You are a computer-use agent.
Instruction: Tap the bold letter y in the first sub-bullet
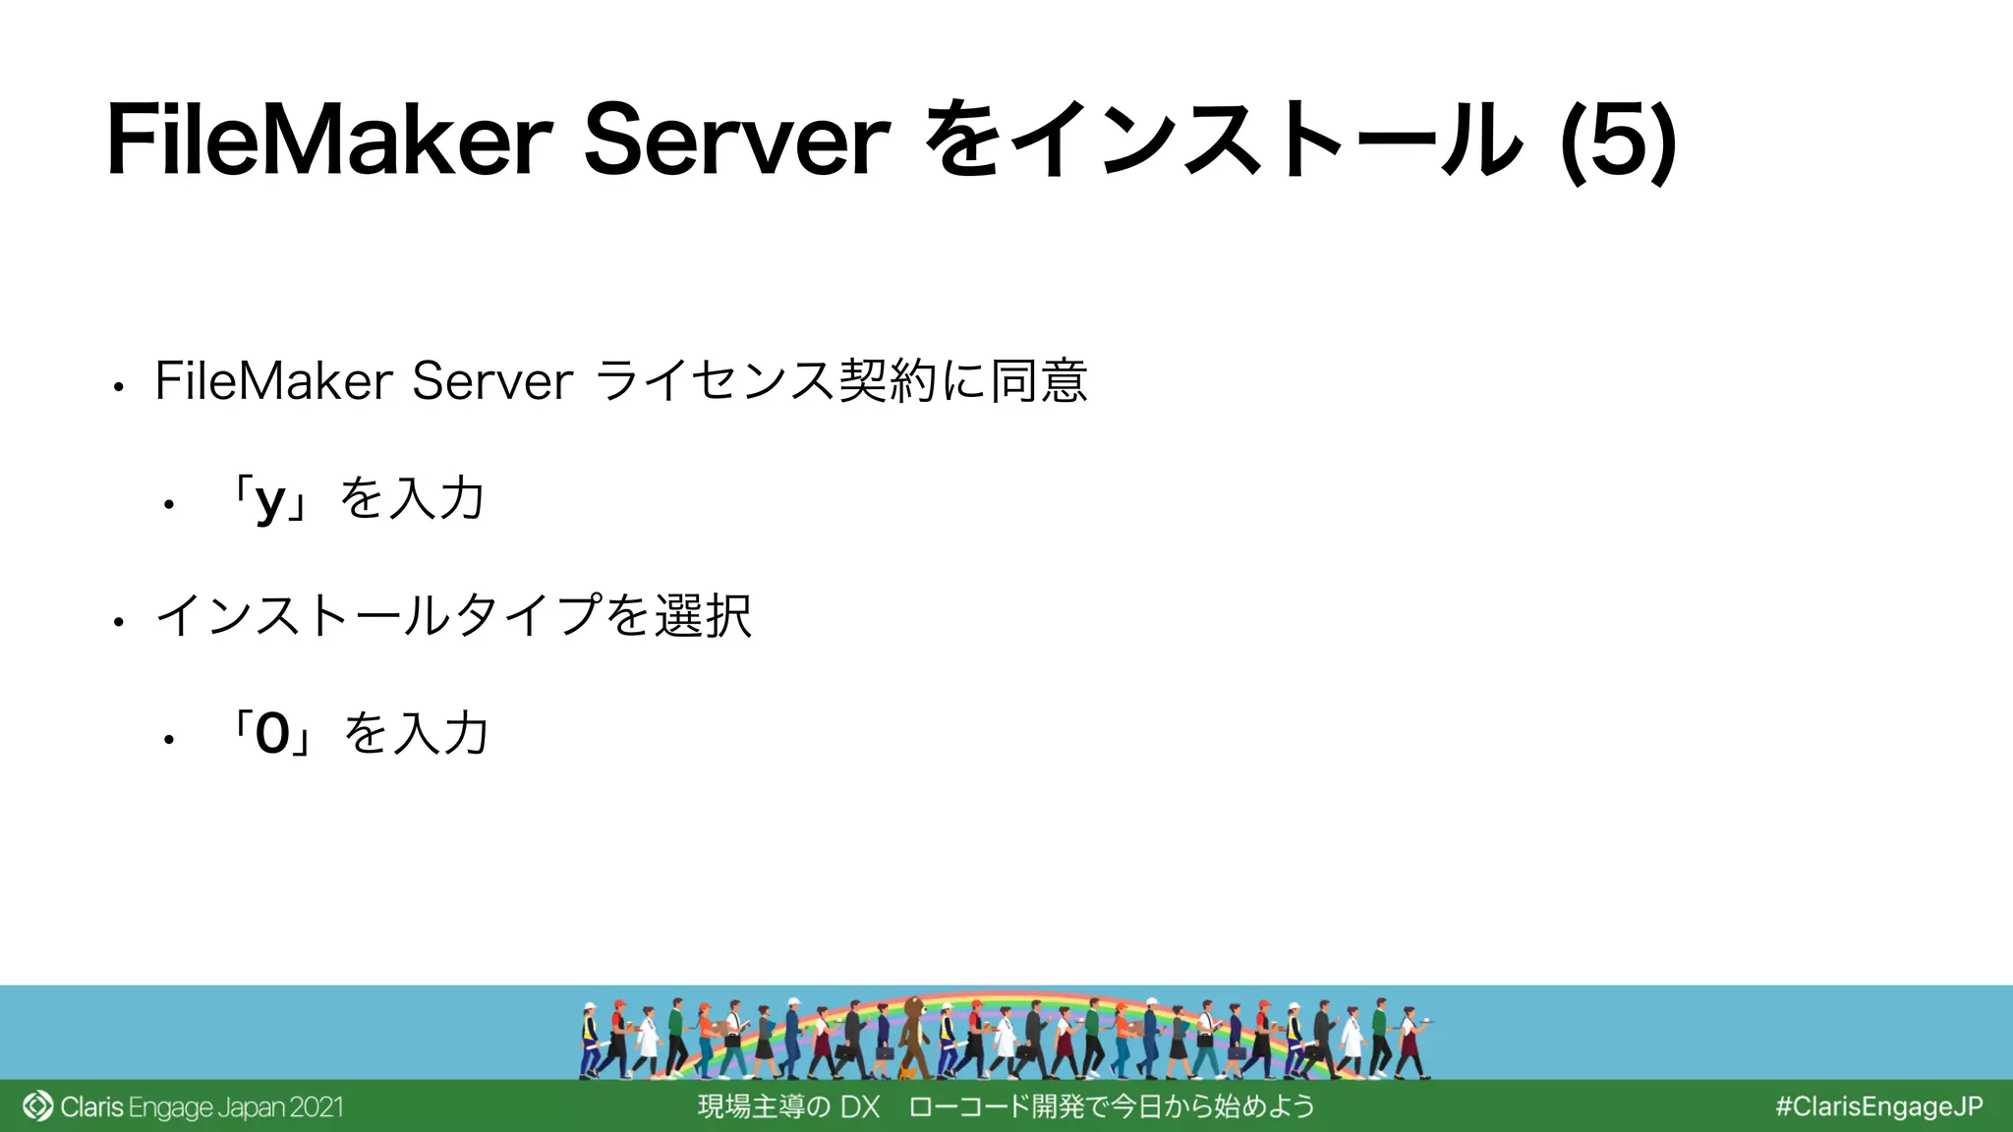pos(269,500)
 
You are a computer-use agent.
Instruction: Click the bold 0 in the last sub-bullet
pos(272,734)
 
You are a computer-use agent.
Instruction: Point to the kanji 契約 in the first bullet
pos(888,380)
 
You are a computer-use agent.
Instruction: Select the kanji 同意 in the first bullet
pos(1039,380)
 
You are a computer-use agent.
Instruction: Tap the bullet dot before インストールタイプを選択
pos(118,622)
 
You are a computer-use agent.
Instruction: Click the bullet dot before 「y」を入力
pos(169,505)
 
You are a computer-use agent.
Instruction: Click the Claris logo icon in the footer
pos(37,1106)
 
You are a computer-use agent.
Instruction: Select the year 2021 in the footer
pos(316,1107)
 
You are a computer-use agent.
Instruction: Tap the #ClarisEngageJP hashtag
pos(1878,1106)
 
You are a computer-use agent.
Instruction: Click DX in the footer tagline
pos(860,1107)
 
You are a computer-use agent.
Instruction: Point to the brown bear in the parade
pos(913,1032)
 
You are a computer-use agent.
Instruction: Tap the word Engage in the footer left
pos(170,1107)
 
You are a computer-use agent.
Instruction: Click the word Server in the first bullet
pos(491,380)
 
